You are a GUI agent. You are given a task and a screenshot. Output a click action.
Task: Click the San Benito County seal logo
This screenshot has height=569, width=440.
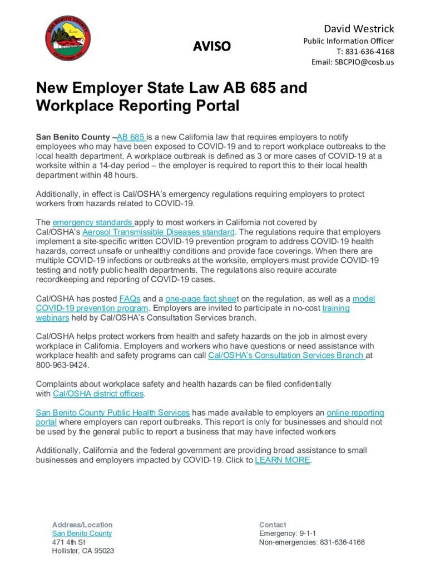point(68,38)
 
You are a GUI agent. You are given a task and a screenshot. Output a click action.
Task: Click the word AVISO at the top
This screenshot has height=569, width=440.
point(211,46)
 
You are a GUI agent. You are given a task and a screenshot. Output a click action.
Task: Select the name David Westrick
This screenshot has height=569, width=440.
point(359,28)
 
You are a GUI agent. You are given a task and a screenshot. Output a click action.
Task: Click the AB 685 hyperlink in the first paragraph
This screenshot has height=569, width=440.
point(131,137)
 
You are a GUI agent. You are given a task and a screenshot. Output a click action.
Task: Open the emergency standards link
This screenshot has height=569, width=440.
point(92,222)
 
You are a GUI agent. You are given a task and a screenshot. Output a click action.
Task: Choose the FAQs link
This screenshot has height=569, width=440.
point(129,298)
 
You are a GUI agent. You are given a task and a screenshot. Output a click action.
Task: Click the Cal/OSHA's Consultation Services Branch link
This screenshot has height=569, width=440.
point(286,356)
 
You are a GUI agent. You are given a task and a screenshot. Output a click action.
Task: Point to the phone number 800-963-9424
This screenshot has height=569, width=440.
point(62,365)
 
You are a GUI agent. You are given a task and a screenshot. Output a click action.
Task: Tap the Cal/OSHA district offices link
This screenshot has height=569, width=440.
point(98,394)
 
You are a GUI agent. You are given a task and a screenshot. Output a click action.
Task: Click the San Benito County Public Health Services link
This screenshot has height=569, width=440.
point(113,413)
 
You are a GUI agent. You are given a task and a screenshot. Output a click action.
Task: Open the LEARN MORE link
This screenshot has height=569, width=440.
point(283,461)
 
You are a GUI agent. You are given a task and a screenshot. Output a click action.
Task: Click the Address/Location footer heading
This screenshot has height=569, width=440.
point(82,525)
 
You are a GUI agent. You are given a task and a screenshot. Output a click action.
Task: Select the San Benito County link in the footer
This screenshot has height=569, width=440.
point(82,533)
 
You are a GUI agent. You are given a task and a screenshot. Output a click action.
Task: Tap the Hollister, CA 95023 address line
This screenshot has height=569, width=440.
point(83,551)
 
